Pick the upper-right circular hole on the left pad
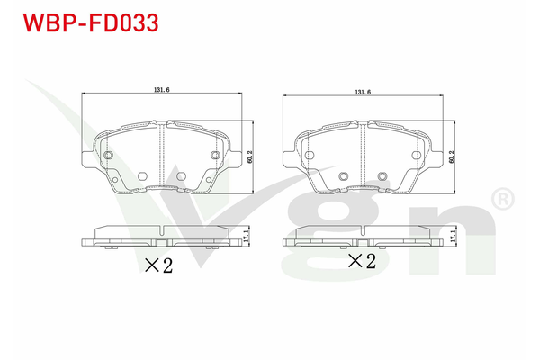pos(214,157)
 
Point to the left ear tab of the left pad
pos(86,160)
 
